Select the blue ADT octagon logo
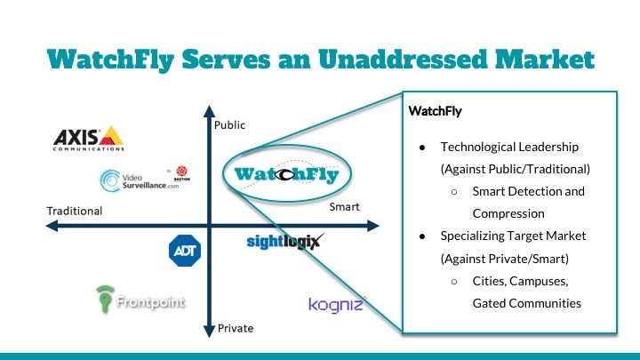[185, 250]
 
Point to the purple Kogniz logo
[335, 305]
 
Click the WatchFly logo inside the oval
[282, 174]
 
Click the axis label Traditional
[75, 212]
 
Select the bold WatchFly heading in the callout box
[436, 113]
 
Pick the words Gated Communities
[527, 303]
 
